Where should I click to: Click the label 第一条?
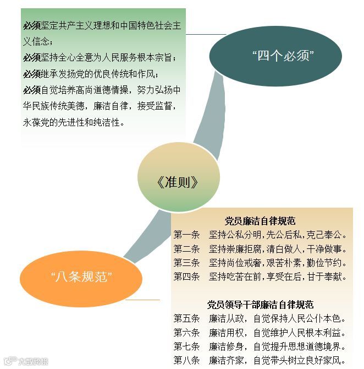coord(186,235)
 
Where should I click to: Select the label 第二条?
coord(186,249)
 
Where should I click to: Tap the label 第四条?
coord(186,276)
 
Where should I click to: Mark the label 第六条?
coord(186,333)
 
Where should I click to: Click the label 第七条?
coord(186,346)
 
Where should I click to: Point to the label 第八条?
coord(186,361)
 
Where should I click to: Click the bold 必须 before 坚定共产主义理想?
coord(32,25)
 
